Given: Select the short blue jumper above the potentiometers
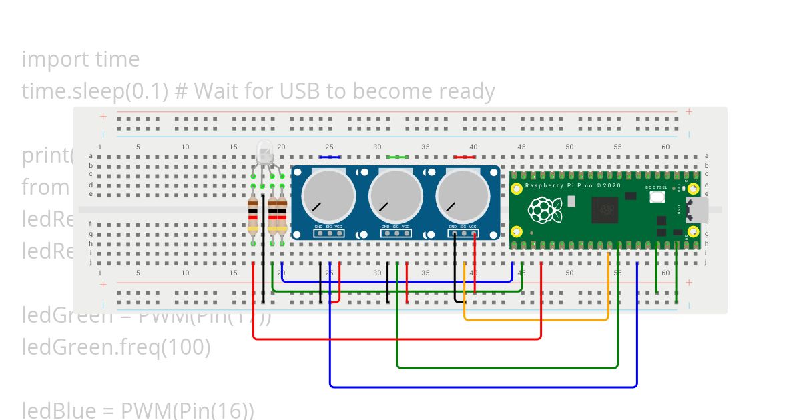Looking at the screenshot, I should pos(330,157).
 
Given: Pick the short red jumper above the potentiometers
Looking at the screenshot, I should pos(464,157).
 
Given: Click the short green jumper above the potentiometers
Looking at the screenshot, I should pos(396,157).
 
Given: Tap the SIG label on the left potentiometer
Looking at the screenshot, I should pos(329,227).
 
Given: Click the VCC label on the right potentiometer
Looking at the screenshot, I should pos(473,227).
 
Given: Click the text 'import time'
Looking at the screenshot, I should pos(81,59).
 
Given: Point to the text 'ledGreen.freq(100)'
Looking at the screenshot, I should pos(116,347).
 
